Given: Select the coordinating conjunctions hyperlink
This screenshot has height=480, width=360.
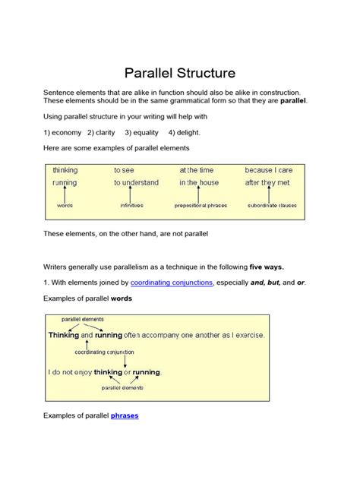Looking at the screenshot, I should coord(172,282).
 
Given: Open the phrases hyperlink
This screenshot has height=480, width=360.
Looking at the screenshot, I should coord(125,415).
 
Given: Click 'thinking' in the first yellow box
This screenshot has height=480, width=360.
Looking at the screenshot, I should coord(65,170).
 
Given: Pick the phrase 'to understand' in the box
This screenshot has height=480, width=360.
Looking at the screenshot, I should coord(137,183).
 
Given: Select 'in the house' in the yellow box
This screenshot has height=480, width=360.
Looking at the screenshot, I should coord(198,183).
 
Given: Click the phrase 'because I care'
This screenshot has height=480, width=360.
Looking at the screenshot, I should coord(268,170).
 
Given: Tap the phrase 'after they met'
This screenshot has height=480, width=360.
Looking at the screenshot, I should coord(267,183).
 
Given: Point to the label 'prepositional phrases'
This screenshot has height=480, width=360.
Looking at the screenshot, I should coord(201,205).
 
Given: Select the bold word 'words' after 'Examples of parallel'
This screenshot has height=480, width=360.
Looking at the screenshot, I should coord(122,298).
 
